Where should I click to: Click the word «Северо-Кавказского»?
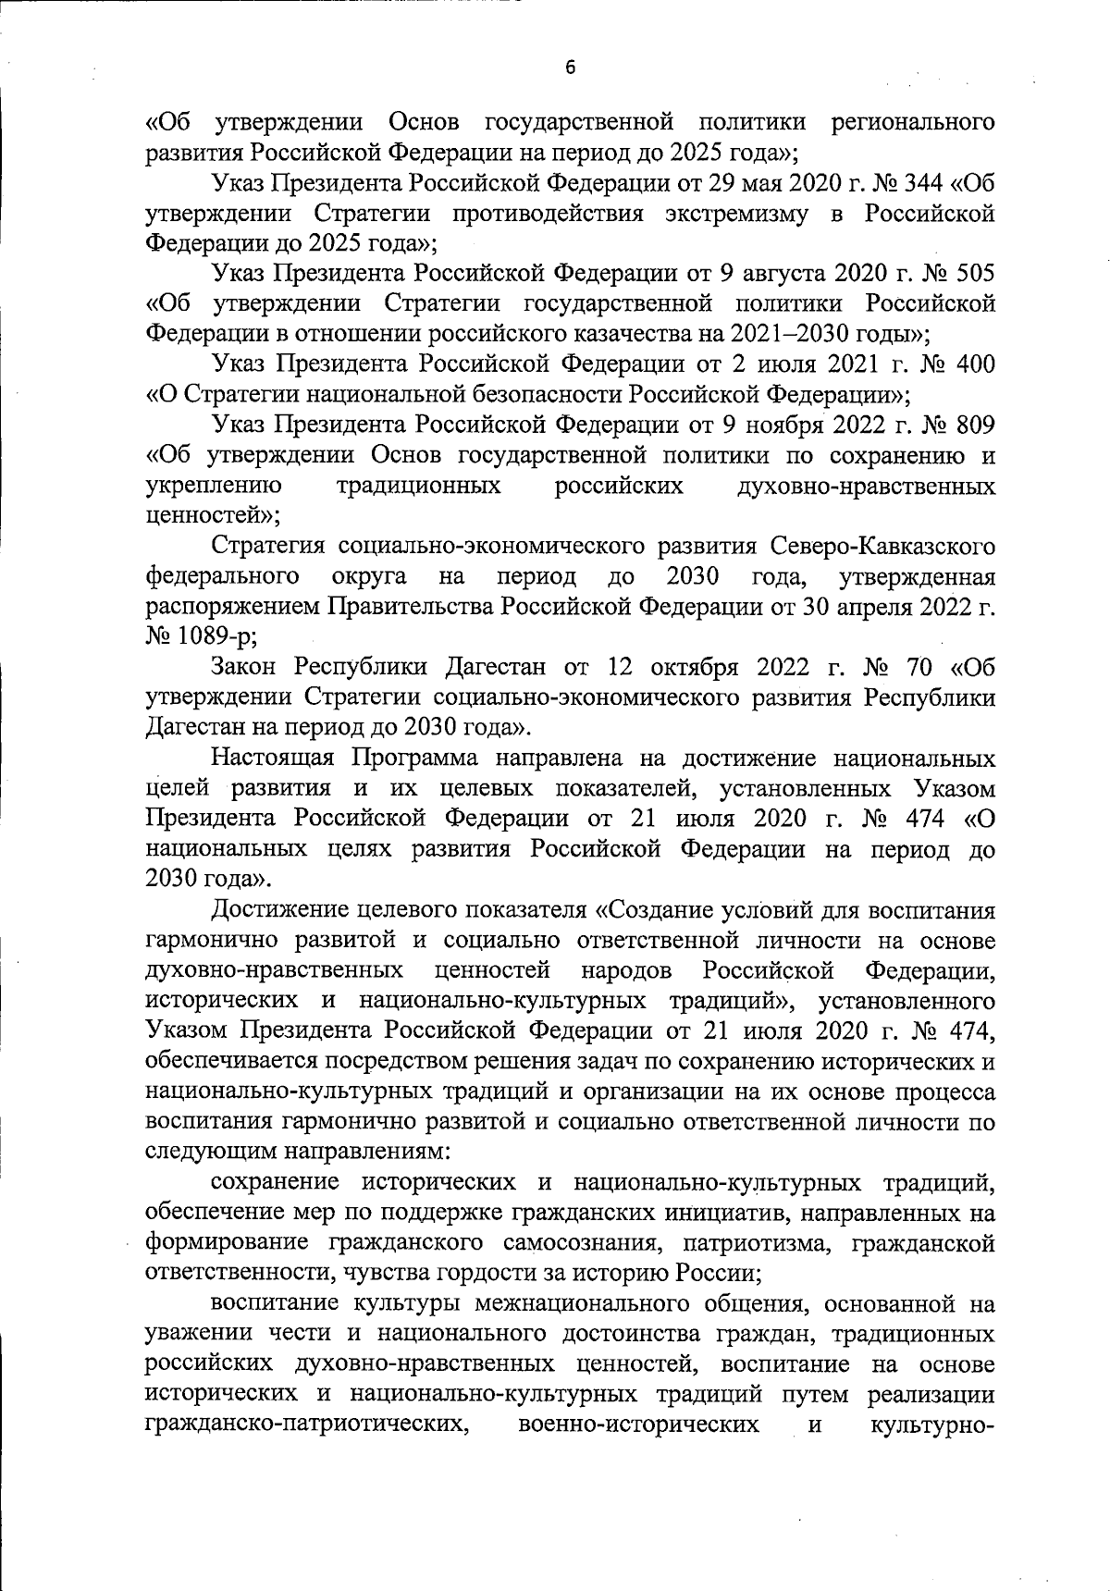coord(880,547)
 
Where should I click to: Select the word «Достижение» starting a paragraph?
coord(283,909)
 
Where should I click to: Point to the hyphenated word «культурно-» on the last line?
coord(932,1424)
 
